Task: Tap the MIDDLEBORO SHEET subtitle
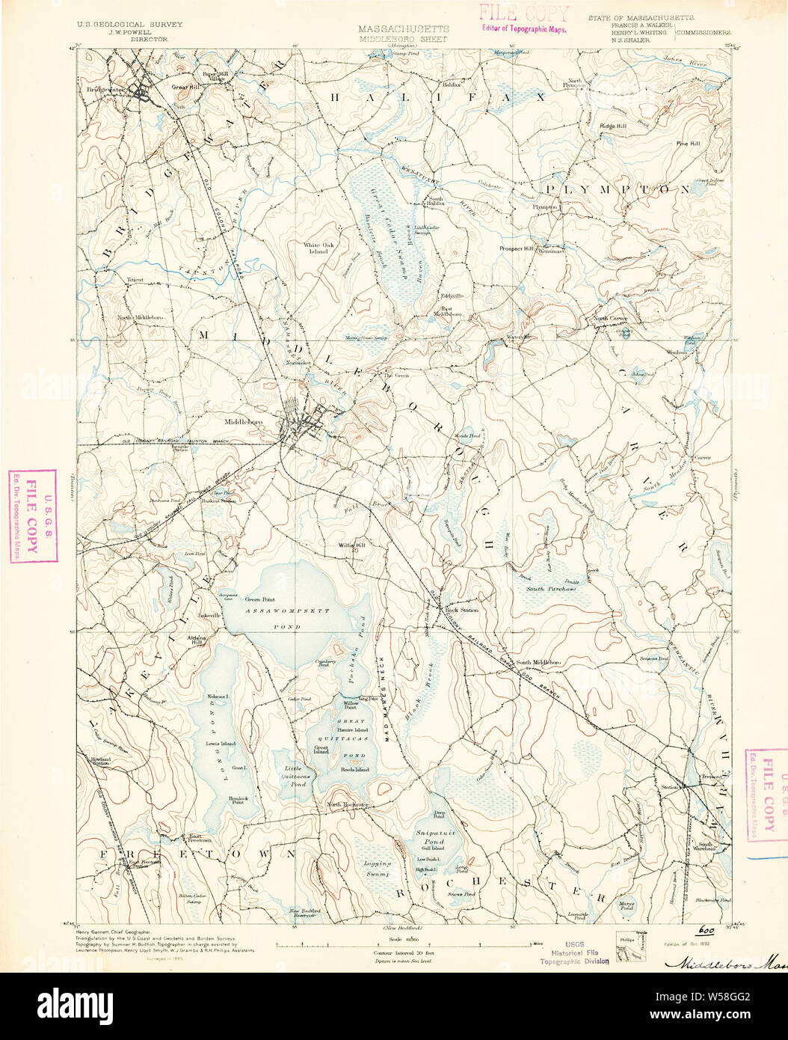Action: pyautogui.click(x=402, y=38)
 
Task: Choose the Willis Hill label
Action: pyautogui.click(x=351, y=545)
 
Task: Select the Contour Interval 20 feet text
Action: pyautogui.click(x=403, y=953)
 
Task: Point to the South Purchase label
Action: pyautogui.click(x=550, y=589)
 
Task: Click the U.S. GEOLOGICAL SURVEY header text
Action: pyautogui.click(x=129, y=25)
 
